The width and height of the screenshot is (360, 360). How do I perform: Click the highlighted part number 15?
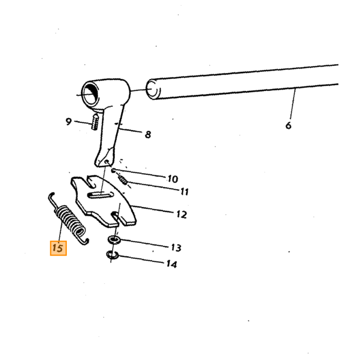tap(58, 248)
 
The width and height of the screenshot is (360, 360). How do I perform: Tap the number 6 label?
tap(289, 125)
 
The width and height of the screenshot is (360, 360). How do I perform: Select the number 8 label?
tap(148, 134)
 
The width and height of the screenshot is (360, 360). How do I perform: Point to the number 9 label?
tap(68, 121)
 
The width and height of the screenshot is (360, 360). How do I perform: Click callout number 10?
tap(173, 179)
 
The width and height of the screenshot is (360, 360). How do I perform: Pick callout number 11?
tap(184, 191)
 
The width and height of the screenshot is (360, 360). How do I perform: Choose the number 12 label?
tap(182, 214)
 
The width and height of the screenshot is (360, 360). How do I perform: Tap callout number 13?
tap(176, 248)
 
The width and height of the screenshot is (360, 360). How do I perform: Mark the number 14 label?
tap(172, 264)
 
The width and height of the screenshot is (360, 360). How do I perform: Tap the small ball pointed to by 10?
tap(113, 171)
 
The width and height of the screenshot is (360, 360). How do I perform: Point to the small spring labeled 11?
tap(123, 179)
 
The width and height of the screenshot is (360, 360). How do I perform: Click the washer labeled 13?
tap(114, 240)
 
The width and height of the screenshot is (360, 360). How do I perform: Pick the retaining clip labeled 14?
tap(112, 255)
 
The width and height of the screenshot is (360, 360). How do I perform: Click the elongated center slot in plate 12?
tap(100, 195)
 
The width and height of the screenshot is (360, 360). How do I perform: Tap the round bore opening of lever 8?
tap(91, 94)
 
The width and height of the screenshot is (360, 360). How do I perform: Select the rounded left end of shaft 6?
tap(152, 89)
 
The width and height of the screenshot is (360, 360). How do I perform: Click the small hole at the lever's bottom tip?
tap(106, 162)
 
